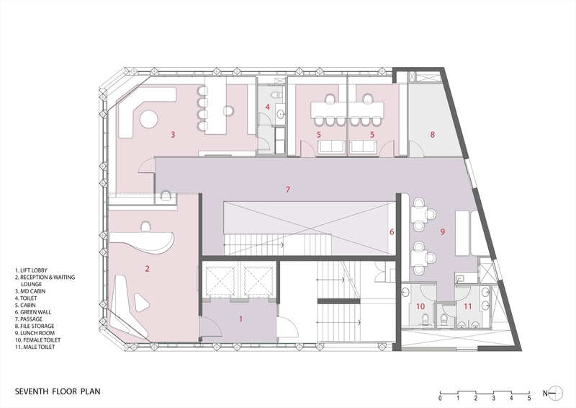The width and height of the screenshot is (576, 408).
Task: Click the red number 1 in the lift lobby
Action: [x=241, y=317]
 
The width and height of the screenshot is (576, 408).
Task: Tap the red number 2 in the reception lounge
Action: [x=147, y=269]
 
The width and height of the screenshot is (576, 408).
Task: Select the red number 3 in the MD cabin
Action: [x=173, y=134]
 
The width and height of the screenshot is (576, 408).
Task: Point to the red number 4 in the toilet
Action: [x=267, y=108]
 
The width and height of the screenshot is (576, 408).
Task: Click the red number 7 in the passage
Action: [x=287, y=190]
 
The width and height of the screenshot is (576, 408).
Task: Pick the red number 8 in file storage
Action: [x=433, y=134]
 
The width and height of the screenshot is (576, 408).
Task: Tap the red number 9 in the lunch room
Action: [x=443, y=232]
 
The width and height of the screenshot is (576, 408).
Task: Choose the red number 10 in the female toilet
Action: [x=421, y=306]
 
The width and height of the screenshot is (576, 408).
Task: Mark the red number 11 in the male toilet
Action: [x=467, y=306]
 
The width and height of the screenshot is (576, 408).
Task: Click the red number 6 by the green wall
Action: [x=392, y=232]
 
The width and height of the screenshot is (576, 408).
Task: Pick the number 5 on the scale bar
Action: [x=528, y=398]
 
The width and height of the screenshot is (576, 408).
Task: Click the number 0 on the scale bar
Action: [x=440, y=398]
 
